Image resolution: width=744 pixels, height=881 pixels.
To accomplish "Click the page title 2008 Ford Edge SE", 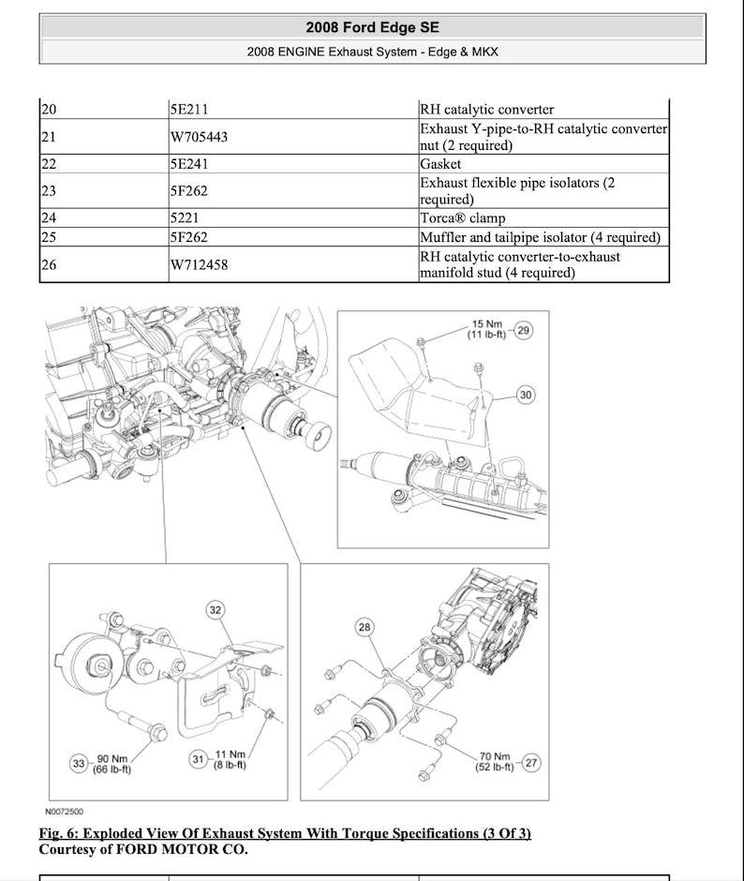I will click(372, 27).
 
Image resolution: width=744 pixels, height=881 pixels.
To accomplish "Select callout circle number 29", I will click(524, 330).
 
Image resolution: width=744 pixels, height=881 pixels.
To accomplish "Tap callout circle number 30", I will click(526, 396).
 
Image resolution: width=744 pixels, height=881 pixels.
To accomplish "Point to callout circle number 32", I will click(216, 610).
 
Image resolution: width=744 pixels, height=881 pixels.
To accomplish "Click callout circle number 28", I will click(365, 626).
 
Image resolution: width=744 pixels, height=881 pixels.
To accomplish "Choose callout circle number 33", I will click(79, 763).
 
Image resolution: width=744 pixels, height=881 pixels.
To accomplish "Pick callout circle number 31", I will click(199, 759).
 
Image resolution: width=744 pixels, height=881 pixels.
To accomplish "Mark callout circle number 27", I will click(530, 763).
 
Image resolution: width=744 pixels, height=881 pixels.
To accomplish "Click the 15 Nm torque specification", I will click(486, 324).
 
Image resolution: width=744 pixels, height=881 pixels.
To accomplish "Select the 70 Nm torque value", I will click(495, 756).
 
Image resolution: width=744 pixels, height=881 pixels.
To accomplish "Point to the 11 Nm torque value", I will click(231, 754).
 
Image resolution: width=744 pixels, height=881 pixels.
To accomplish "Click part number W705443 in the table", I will click(199, 138).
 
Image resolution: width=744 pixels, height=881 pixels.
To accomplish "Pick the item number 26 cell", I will click(49, 265).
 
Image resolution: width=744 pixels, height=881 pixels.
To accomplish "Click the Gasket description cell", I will click(440, 164).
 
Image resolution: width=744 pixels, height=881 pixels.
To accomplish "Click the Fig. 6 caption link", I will click(285, 833).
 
